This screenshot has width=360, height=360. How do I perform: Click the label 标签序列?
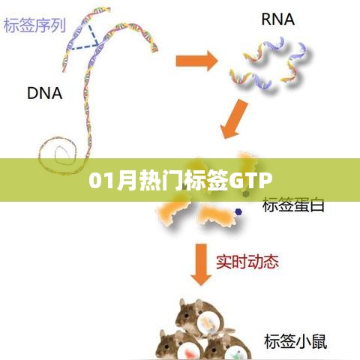click(34, 25)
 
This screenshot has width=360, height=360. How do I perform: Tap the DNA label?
click(44, 93)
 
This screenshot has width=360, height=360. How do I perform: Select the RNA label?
click(277, 19)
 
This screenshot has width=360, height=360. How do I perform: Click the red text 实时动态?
click(247, 262)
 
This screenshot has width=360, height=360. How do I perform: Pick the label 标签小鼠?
click(295, 341)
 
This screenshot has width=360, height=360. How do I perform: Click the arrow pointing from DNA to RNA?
click(196, 61)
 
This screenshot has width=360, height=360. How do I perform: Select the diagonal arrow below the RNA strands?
click(233, 118)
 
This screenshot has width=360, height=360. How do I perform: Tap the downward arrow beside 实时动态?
click(201, 265)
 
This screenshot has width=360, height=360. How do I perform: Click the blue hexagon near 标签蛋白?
click(238, 212)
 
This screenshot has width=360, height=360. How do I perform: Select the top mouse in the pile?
click(200, 317)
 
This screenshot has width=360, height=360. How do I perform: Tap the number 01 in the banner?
click(101, 181)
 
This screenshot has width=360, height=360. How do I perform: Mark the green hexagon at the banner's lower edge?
click(246, 193)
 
